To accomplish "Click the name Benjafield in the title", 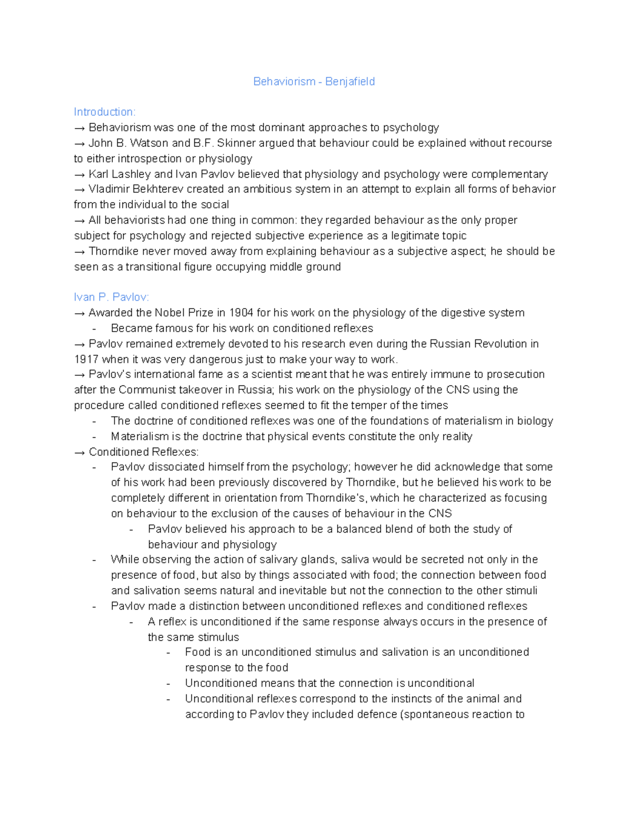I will [350, 81].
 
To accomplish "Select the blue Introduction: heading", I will [104, 112].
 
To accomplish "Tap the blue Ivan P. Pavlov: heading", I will [111, 297].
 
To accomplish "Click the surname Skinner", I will [236, 143].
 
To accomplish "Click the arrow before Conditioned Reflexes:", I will [80, 452].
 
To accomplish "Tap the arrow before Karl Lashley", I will [80, 174].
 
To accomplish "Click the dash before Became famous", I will [94, 329].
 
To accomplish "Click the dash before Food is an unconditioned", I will [168, 652].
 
